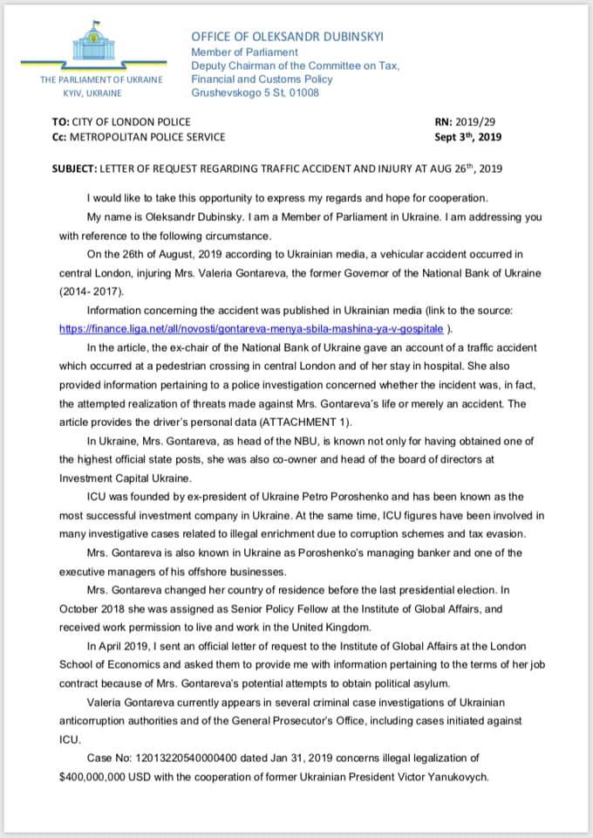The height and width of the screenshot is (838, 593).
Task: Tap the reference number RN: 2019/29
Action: [x=466, y=122]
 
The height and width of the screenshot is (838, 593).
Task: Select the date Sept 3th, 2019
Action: [x=467, y=137]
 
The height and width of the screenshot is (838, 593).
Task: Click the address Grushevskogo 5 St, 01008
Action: [x=256, y=93]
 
